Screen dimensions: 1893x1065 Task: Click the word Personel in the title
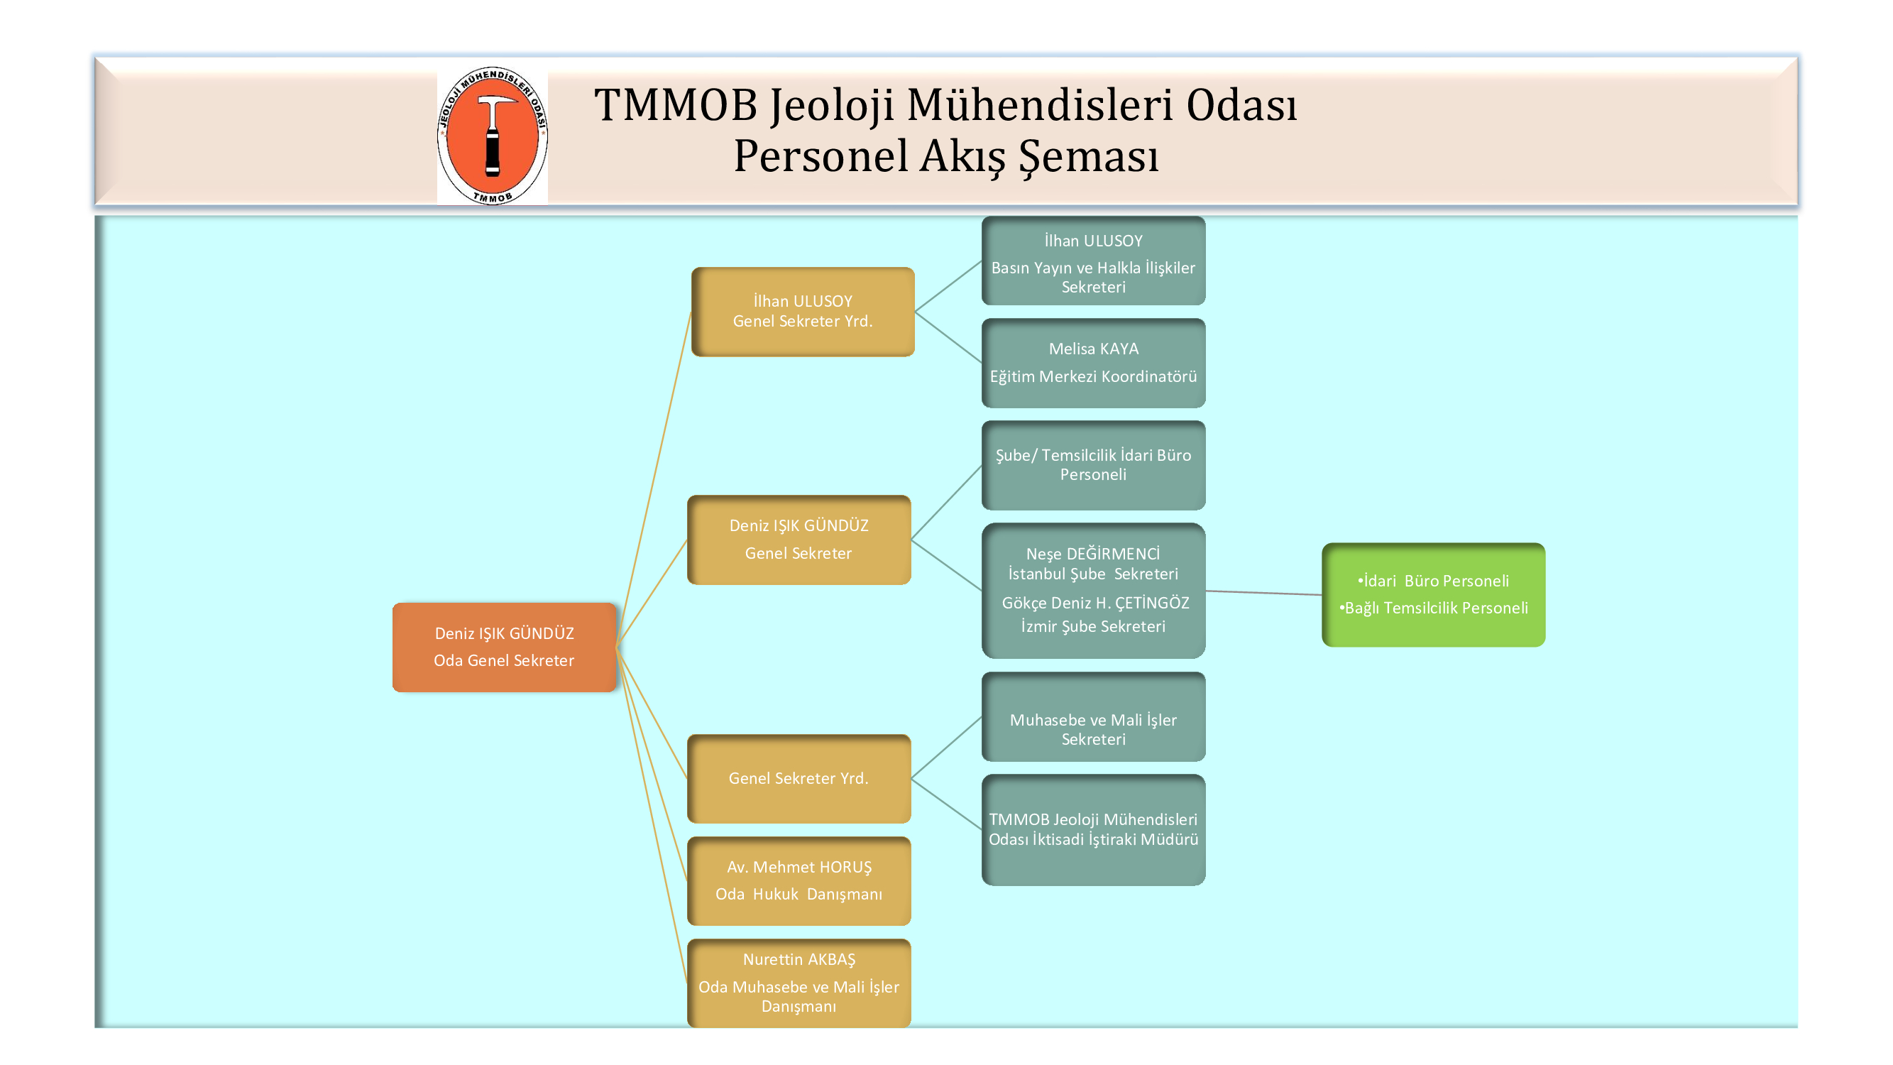[x=821, y=156]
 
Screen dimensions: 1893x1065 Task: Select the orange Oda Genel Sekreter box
[x=504, y=647]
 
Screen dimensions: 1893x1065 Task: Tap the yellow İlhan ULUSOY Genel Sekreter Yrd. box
[x=803, y=312]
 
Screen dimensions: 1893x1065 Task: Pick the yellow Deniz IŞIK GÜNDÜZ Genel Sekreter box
[x=799, y=540]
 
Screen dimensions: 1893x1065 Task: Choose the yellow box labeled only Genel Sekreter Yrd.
[x=799, y=778]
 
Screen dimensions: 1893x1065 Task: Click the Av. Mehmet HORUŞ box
[x=799, y=880]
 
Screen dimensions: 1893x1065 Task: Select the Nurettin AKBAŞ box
[x=799, y=983]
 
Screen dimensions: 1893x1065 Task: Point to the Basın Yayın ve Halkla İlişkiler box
[x=1094, y=261]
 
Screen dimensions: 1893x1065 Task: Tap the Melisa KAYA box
[x=1094, y=363]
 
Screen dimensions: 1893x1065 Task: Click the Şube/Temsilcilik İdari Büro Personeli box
[x=1094, y=465]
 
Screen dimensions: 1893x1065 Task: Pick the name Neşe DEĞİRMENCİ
[x=1093, y=555]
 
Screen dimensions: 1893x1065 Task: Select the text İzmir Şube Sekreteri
[x=1093, y=626]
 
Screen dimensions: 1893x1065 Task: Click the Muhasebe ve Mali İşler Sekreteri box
[x=1094, y=716]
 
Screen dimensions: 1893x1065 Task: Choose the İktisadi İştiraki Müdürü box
[x=1094, y=830]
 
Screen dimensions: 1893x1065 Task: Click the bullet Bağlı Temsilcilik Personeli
[x=1433, y=608]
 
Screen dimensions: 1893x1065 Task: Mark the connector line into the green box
[x=1263, y=592]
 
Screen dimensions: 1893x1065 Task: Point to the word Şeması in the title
[x=1088, y=156]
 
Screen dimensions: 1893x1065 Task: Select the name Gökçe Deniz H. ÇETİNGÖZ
[x=1095, y=603]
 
